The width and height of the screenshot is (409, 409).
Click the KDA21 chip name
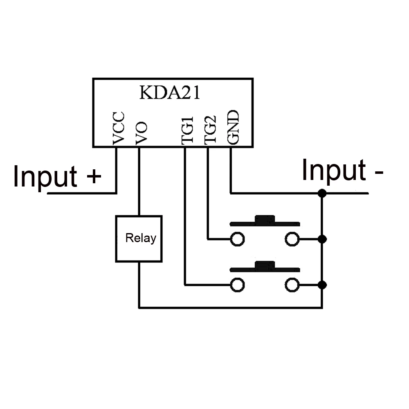(170, 92)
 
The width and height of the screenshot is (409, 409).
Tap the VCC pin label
(119, 128)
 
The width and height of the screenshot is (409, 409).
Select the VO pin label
(142, 133)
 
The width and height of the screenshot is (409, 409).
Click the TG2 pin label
(210, 130)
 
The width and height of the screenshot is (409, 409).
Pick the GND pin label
(233, 127)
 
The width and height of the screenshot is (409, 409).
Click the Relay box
(139, 239)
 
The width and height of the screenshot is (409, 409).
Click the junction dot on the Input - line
(322, 193)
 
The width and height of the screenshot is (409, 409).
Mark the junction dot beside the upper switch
(322, 239)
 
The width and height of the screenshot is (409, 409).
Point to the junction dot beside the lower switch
(322, 285)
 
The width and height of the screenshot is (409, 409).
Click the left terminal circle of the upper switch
(237, 239)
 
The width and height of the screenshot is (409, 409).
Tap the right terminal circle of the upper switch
(292, 239)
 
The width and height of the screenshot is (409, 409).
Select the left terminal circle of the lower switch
(237, 285)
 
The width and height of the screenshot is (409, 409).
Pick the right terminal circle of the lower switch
(292, 285)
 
